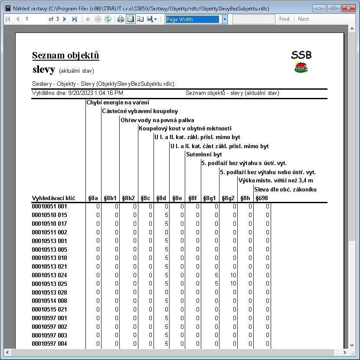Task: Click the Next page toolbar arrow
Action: coord(65,19)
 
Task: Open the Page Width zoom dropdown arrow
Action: coord(225,19)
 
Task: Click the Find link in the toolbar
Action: coord(284,19)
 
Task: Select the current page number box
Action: coord(35,19)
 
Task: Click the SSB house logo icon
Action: coord(301,67)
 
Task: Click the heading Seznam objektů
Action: coord(65,55)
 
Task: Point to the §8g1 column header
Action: coord(209,198)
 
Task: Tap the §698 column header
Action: coord(262,198)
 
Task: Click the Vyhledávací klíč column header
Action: coord(53,198)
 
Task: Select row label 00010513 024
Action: coord(49,275)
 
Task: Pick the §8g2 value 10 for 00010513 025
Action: coord(233,284)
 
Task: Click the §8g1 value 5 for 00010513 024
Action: coord(216,275)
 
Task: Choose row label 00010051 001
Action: coord(49,206)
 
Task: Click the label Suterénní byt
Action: coord(204,155)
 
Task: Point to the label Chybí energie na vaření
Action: coord(118,103)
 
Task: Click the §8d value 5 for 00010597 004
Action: coord(167,344)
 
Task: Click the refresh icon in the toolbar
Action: coord(108,19)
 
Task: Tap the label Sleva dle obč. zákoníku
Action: coord(285,189)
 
